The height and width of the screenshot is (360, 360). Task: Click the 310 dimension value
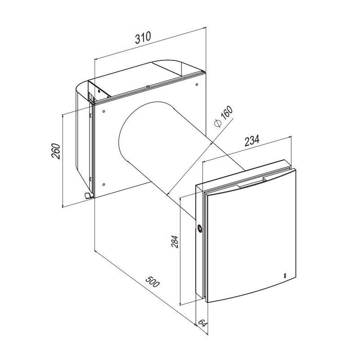143,38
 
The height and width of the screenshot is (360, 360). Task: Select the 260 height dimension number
55,151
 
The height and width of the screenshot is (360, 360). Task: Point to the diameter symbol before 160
218,123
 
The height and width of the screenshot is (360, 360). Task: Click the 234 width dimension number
252,140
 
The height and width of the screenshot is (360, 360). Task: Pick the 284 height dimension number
175,242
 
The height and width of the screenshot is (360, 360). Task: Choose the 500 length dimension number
152,282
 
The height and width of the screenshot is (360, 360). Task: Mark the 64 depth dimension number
202,323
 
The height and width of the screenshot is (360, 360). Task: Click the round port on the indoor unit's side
200,229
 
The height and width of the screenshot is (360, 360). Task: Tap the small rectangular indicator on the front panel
285,275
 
